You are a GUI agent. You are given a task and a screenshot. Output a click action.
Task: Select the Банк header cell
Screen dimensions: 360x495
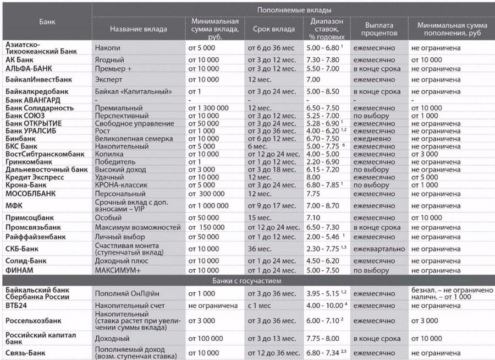(47, 21)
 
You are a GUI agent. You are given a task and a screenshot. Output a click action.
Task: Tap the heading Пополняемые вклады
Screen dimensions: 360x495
(293, 10)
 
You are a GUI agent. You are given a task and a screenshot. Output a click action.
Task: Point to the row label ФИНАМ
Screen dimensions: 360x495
(21, 271)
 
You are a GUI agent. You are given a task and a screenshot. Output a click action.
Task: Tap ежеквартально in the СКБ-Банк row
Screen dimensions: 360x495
(380, 248)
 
